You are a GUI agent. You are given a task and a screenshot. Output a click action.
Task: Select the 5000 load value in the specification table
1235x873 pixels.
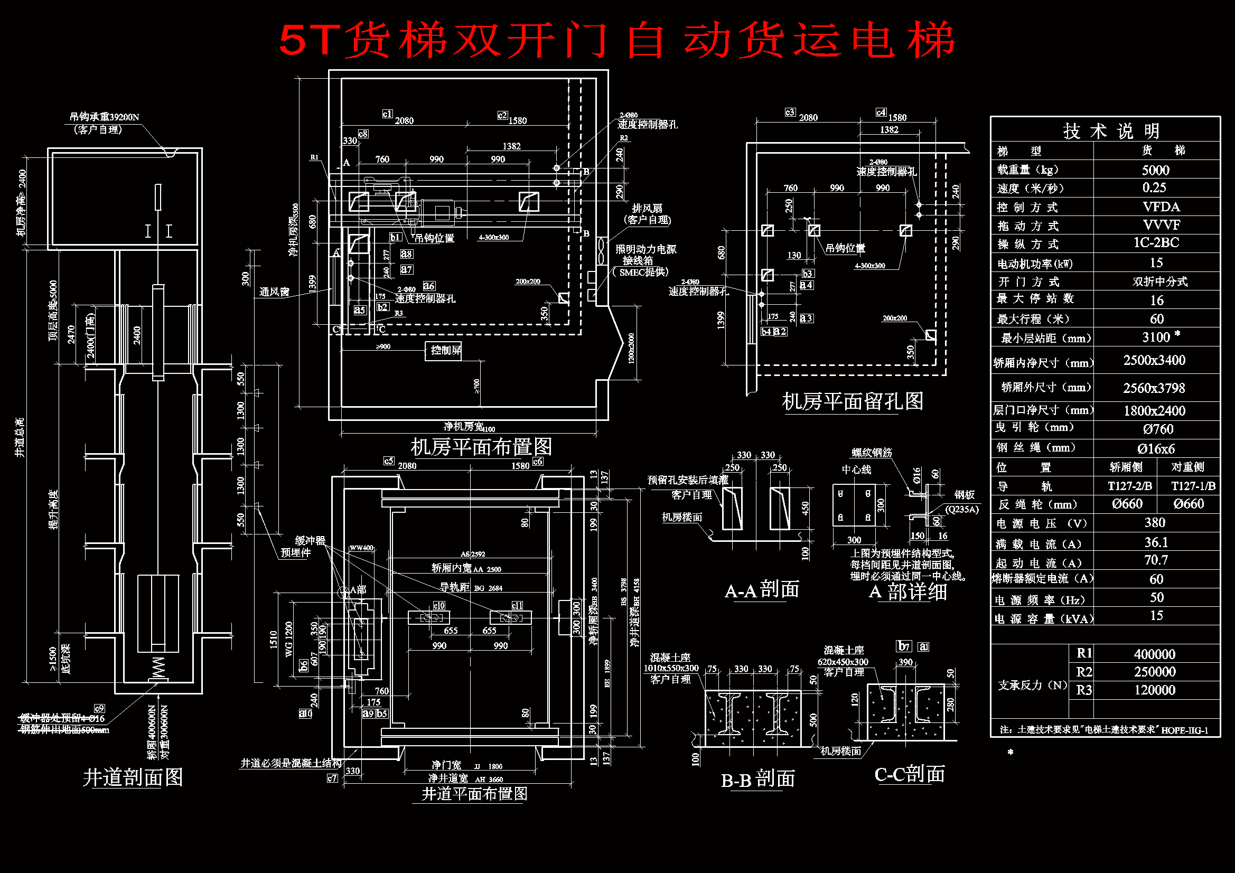pos(1155,171)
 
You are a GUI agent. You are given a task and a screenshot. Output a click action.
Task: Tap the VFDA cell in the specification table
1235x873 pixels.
pos(1161,207)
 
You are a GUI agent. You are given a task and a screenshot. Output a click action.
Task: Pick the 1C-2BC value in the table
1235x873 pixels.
pos(1156,243)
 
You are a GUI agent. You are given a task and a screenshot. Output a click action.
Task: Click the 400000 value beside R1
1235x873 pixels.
pos(1154,654)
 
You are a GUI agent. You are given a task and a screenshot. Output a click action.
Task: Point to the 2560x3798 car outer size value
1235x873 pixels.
pos(1154,388)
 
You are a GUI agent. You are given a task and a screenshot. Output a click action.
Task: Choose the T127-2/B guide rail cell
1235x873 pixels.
pos(1129,486)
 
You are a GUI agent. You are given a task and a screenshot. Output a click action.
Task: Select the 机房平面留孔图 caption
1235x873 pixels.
pos(853,401)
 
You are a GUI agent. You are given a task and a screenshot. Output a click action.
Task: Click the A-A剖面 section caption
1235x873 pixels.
pos(762,590)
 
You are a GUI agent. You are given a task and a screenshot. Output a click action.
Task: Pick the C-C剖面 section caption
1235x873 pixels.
pos(910,775)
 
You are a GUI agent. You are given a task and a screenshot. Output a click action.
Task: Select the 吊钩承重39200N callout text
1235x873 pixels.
pos(105,117)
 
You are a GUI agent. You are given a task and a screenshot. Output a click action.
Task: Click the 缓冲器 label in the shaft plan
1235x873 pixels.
pos(311,541)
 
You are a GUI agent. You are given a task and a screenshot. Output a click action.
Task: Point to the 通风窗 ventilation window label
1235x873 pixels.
pos(274,292)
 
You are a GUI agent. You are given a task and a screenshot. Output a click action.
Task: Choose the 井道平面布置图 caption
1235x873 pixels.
pos(474,794)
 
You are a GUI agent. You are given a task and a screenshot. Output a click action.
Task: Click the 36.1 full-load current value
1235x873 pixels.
pos(1156,542)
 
